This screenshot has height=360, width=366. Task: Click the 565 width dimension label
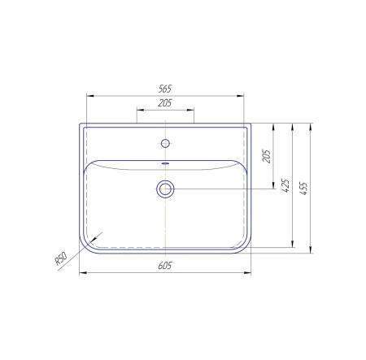(x=165, y=89)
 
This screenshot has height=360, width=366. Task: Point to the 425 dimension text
(x=285, y=185)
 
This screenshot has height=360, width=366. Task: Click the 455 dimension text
(x=304, y=189)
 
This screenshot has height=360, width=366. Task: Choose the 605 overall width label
(x=165, y=266)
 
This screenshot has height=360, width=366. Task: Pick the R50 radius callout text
(x=61, y=258)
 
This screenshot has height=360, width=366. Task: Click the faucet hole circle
(x=165, y=143)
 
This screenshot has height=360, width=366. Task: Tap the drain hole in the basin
(x=165, y=189)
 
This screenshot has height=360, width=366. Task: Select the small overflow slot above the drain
(x=165, y=163)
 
